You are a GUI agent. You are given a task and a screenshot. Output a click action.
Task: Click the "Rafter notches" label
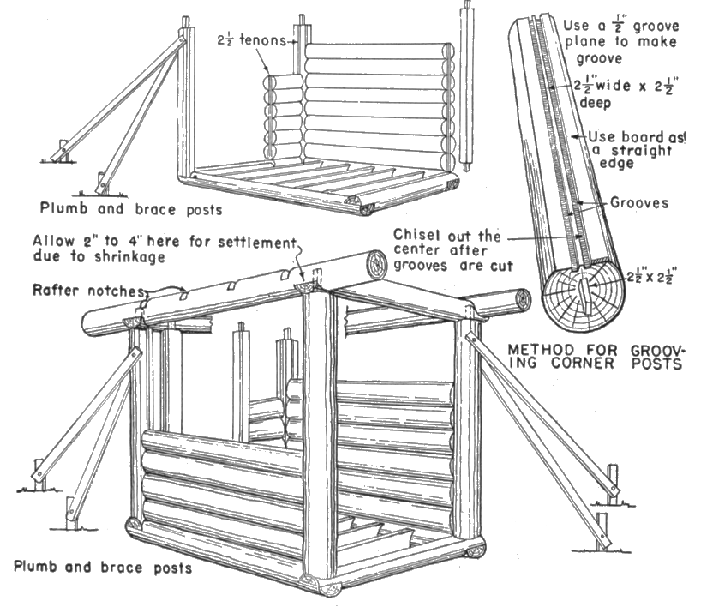(x=87, y=291)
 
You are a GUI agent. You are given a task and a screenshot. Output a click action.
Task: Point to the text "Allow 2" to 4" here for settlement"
(x=164, y=241)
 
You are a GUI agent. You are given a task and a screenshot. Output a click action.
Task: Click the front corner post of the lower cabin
(x=319, y=437)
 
